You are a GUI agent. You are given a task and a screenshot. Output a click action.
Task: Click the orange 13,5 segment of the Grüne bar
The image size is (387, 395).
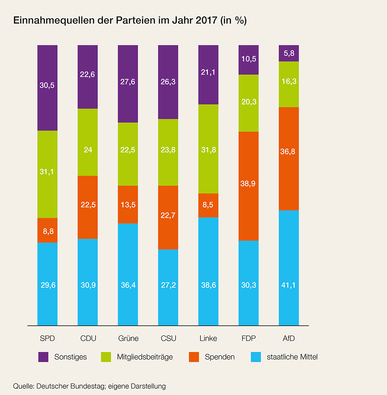point(128,204)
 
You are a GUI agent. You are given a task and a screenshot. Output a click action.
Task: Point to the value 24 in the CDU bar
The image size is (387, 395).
point(87,150)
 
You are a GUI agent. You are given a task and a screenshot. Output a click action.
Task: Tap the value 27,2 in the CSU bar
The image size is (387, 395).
point(168,285)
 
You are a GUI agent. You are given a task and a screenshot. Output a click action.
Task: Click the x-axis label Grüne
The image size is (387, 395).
point(128,339)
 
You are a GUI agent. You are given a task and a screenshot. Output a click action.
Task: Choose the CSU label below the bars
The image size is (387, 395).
point(168,339)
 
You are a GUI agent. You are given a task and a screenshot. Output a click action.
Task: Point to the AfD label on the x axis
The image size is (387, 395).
point(289,339)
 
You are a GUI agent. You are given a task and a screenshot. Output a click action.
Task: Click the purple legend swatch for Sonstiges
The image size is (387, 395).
point(43,357)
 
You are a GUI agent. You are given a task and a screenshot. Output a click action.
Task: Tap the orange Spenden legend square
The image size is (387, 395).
point(194,357)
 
